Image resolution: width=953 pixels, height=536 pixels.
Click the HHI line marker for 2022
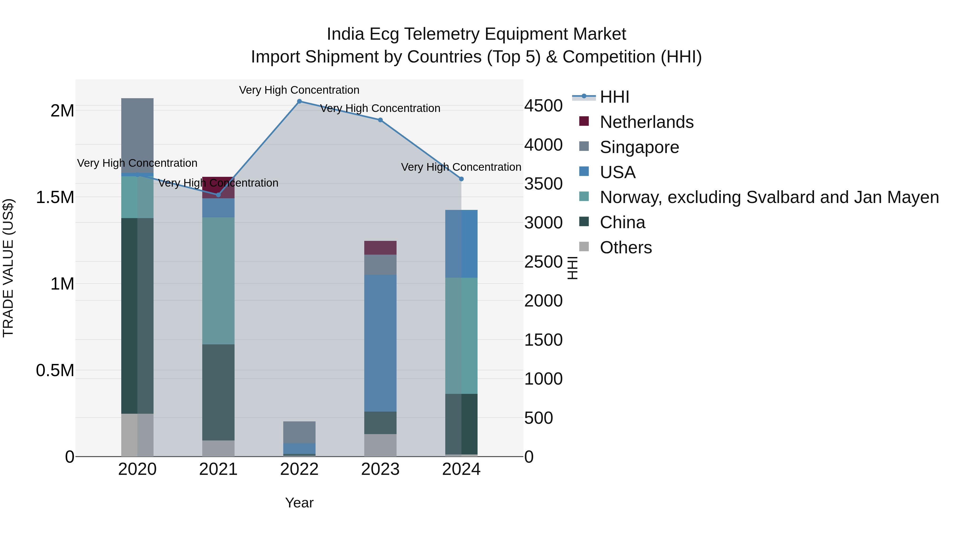tap(299, 101)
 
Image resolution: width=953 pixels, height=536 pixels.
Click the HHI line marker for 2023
tap(380, 120)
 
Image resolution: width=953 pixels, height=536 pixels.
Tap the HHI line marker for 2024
tap(461, 179)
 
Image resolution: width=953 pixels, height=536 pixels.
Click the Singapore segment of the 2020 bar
tap(137, 135)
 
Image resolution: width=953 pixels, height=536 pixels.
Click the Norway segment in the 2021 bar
tap(218, 281)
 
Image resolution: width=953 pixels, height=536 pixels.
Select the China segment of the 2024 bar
tap(461, 424)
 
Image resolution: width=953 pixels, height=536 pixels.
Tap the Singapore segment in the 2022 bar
tap(299, 432)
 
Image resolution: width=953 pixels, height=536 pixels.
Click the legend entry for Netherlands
tap(646, 122)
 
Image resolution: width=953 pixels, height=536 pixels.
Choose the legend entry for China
tap(622, 223)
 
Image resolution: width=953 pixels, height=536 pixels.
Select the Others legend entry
tap(626, 248)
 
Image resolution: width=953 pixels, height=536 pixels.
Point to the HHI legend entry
tap(614, 97)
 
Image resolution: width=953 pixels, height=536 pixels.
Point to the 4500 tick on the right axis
tap(543, 106)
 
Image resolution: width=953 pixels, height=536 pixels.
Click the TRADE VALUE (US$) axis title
tap(8, 268)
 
